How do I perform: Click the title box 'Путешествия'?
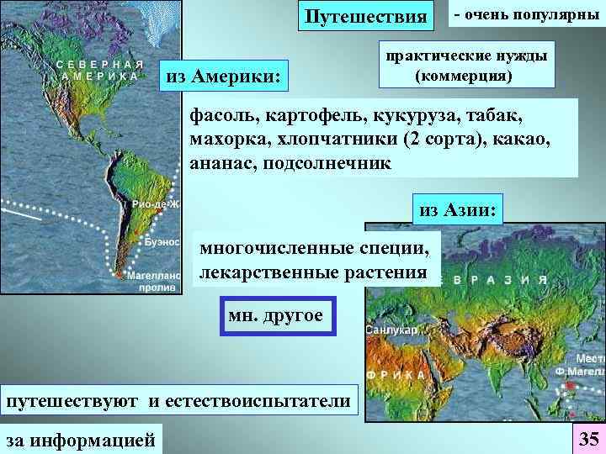[365, 17]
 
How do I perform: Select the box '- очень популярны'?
[527, 16]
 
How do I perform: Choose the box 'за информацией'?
[82, 438]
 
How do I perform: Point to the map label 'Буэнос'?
[162, 241]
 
